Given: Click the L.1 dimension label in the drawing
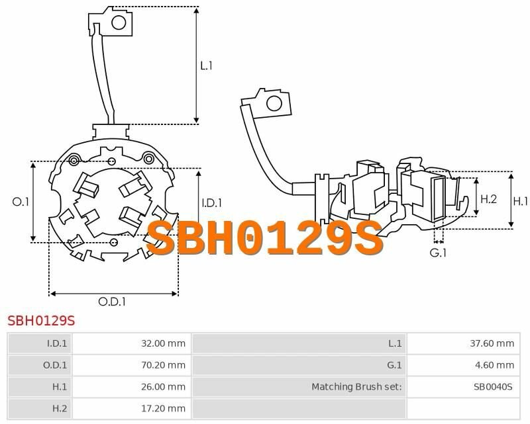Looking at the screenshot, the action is point(206,65).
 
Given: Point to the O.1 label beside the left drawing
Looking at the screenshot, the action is point(21,202).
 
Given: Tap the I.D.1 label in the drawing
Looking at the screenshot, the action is point(212,203).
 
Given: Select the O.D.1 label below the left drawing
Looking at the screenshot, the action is point(112,302).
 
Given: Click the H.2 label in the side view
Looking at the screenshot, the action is point(489,199).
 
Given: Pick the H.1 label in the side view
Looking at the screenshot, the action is point(520,201).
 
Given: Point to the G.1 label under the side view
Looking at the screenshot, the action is point(438,253).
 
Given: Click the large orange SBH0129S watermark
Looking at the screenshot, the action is point(265,237).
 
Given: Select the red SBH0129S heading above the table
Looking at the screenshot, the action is point(41,320).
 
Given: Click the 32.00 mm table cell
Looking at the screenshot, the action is point(163,343).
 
